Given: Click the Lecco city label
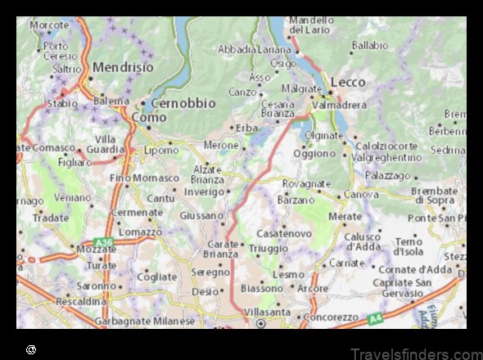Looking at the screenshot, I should (x=349, y=83).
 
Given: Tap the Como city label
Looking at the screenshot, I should (x=149, y=118).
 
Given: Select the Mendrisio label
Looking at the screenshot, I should (x=124, y=66).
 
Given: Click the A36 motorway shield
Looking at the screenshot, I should (x=103, y=242).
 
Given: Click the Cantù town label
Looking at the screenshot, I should (x=160, y=198).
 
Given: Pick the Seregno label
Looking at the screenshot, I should (x=211, y=272).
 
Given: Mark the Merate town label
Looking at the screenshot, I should (x=345, y=216).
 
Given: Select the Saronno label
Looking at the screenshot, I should (x=97, y=286).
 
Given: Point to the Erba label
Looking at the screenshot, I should (x=246, y=128).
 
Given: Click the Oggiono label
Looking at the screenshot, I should (x=315, y=153).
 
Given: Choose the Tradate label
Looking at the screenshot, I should (x=51, y=218).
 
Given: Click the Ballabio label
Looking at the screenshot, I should (x=370, y=45).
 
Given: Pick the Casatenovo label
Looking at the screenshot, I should (x=284, y=233).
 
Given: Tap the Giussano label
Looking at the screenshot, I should (x=201, y=216).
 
